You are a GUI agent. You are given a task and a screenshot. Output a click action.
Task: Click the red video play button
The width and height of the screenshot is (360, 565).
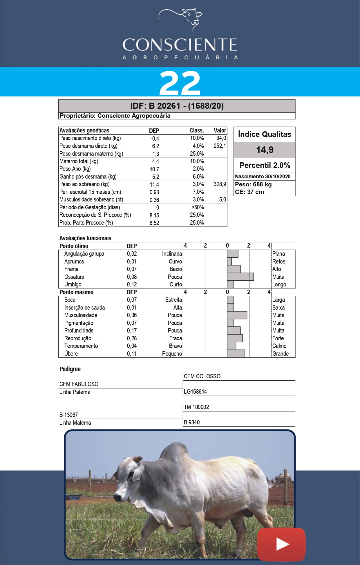click(x=281, y=544)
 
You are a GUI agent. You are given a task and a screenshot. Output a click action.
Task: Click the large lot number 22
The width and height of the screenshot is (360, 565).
click(x=180, y=83)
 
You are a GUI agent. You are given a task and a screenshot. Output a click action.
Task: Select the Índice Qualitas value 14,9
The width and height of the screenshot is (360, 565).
click(x=265, y=150)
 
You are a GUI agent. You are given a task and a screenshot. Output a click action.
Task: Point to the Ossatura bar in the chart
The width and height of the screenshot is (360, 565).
click(x=240, y=277)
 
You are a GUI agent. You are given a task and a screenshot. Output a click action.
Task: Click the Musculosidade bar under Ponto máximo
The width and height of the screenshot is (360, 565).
click(x=237, y=315)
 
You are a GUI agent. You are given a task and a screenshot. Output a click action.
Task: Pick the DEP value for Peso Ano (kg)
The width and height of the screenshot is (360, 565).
click(x=154, y=169)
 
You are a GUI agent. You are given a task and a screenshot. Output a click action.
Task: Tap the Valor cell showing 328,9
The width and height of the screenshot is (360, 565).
click(x=220, y=184)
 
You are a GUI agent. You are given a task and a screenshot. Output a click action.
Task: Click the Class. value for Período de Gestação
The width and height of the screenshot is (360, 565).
click(x=197, y=207)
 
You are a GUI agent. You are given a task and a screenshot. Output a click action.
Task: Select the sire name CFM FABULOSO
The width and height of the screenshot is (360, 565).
click(x=79, y=384)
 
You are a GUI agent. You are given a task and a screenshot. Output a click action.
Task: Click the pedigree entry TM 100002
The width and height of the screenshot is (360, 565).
click(x=196, y=407)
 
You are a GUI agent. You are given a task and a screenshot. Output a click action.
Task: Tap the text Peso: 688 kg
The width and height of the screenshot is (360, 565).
click(x=253, y=184)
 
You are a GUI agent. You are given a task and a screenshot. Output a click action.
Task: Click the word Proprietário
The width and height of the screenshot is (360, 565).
click(x=77, y=116)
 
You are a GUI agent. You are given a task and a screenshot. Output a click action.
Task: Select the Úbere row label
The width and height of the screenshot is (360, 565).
click(x=71, y=354)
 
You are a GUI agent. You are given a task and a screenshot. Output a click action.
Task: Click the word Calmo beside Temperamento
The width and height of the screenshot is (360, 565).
click(x=279, y=346)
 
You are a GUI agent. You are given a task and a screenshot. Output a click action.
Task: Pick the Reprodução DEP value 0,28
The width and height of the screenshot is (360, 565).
click(x=132, y=338)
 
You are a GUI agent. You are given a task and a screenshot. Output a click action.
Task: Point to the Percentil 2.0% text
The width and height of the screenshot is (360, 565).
click(x=265, y=165)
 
